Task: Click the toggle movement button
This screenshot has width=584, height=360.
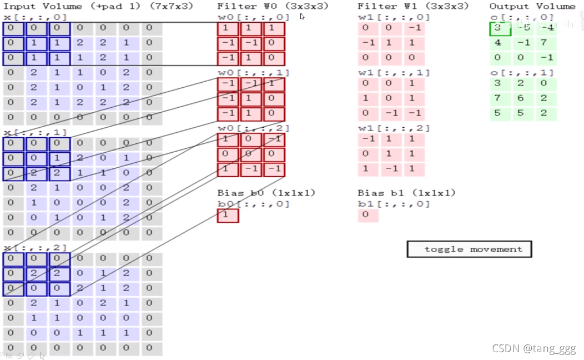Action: point(469,249)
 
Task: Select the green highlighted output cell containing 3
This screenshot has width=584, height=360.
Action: point(500,28)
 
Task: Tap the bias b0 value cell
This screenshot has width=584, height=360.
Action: point(228,215)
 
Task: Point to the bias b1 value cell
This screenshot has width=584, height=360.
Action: point(367,215)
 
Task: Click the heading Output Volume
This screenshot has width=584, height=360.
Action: point(532,6)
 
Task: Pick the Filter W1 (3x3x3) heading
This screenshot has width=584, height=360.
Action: point(413,6)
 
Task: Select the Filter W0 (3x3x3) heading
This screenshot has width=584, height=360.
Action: point(273,6)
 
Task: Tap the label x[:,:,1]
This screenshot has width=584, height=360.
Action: point(35,132)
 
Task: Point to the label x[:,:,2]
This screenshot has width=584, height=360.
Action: point(35,247)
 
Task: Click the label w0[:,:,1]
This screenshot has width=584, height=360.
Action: point(253,73)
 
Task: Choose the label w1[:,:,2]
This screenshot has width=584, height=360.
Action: point(394,128)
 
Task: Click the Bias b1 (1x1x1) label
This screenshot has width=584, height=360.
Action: point(406,193)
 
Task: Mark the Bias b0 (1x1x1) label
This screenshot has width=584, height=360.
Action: point(266,193)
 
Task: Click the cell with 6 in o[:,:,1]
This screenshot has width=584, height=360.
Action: point(523,98)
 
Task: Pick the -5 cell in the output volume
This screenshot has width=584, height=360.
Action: point(523,28)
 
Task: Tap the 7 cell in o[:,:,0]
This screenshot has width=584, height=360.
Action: point(546,43)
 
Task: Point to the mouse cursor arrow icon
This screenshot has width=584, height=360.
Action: point(302,17)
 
